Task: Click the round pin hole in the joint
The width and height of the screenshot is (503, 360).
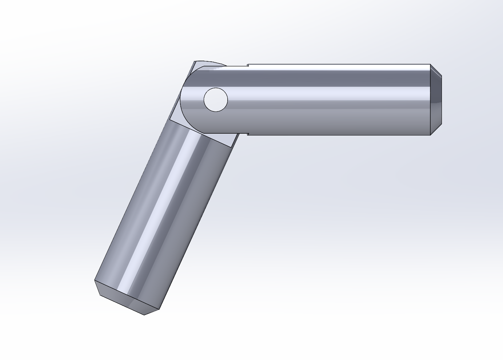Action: coord(216,100)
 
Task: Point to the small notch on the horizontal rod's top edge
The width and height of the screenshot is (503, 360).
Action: coord(248,65)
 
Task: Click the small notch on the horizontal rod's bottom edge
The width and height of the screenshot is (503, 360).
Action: coord(248,134)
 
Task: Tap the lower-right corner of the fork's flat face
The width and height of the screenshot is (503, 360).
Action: coord(231,147)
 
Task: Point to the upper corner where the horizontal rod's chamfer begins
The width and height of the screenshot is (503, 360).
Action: coord(431,65)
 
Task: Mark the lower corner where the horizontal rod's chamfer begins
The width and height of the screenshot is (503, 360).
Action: coord(431,135)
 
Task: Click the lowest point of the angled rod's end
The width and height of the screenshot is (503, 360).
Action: coord(144,315)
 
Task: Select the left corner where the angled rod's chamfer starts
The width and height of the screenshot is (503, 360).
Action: coord(95,280)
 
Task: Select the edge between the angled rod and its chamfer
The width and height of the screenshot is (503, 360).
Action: coord(127,295)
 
